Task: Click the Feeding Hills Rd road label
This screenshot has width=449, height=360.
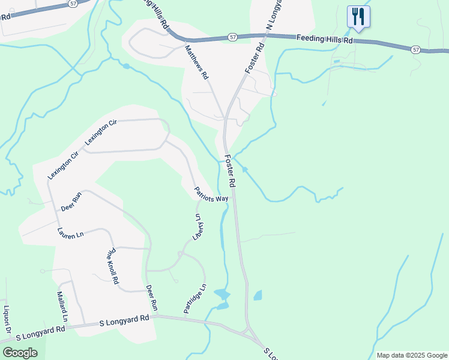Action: click(x=324, y=39)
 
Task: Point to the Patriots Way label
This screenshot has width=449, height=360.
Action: click(x=211, y=195)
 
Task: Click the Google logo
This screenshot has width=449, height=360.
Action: click(x=20, y=352)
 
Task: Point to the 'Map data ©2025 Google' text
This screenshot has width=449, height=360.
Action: click(x=412, y=355)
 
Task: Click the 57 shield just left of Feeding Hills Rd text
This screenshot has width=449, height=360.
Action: click(x=232, y=37)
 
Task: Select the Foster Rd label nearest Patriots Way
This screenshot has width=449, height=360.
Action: click(x=231, y=170)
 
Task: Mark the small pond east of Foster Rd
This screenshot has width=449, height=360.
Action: click(x=258, y=295)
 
